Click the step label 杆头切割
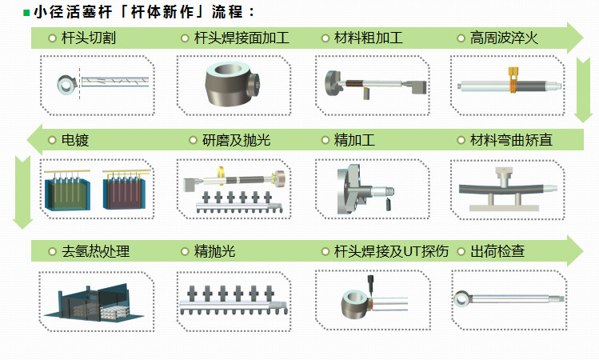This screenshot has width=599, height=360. (x=88, y=38)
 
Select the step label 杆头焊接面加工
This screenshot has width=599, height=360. (x=242, y=38)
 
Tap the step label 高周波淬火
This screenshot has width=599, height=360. (x=504, y=38)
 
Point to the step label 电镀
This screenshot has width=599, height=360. (x=75, y=140)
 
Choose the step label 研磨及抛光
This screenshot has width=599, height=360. (x=236, y=140)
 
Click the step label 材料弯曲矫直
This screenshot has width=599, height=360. (x=511, y=140)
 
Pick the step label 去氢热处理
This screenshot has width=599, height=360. (x=95, y=251)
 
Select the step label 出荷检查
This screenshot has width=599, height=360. (x=497, y=251)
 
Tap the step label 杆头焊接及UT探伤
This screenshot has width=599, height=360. (x=391, y=251)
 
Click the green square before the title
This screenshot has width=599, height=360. (x=26, y=13)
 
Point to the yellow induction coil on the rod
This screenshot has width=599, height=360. (x=513, y=81)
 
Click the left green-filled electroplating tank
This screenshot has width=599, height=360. (x=68, y=190)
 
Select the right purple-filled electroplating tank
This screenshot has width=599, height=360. (x=126, y=190)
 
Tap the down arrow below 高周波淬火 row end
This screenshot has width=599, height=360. (x=584, y=90)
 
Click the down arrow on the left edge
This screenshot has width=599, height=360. (x=22, y=192)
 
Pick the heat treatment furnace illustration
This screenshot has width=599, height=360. (x=94, y=301)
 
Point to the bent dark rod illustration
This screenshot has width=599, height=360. (x=508, y=188)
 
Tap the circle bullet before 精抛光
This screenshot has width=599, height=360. (x=185, y=251)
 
